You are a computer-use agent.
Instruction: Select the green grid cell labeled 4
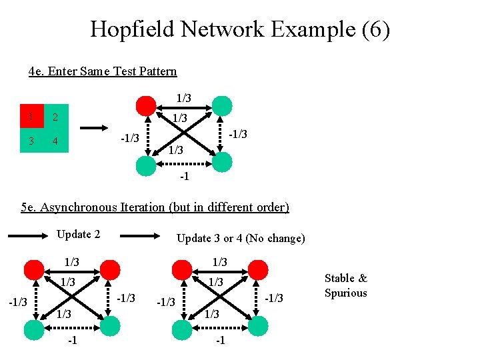56,141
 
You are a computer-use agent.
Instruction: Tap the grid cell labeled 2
56,117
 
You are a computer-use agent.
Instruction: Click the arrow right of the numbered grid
93,128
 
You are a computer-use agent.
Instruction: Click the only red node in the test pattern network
145,105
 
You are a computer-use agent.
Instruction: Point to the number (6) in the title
375,29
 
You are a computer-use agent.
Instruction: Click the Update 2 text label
78,234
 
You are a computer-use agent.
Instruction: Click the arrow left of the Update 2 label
29,235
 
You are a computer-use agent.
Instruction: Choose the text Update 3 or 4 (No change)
240,238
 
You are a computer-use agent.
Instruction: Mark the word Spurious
345,293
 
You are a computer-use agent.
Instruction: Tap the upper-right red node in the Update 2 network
110,270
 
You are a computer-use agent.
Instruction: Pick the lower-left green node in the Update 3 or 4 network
181,327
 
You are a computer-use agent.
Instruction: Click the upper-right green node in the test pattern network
222,105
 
